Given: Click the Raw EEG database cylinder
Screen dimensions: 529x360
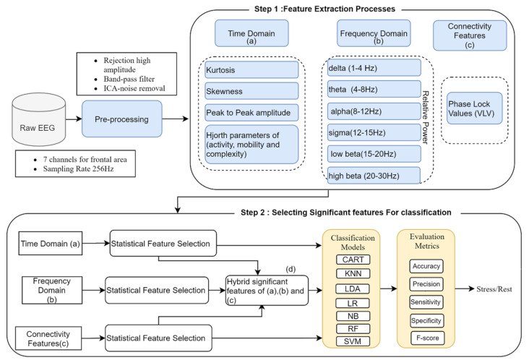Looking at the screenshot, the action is coord(39,119).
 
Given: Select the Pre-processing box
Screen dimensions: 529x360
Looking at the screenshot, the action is coord(122,119).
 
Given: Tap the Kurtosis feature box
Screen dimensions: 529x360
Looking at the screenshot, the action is coord(251,70).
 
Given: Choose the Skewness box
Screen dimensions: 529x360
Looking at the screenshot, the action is coord(251,91).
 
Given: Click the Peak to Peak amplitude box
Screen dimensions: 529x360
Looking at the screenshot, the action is coord(251,112).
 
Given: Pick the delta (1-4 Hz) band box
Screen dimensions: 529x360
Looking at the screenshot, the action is coord(374,68).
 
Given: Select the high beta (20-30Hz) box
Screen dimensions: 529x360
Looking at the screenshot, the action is coord(374,176).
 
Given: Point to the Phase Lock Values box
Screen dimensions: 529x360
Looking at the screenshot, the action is coord(475,108).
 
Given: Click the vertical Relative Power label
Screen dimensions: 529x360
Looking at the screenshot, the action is coord(426,117).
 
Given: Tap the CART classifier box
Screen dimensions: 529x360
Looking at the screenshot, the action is coord(353,260).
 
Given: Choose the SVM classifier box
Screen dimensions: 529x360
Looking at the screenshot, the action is coord(353,341).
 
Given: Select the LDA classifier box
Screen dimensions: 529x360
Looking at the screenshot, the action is coord(353,289).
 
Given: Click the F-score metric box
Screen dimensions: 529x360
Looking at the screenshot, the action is coord(427,338).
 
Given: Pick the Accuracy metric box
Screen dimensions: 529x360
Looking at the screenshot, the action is coord(426,266).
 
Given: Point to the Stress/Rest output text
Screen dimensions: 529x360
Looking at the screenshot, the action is coord(494,289).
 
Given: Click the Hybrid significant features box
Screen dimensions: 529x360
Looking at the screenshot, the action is coord(267,291).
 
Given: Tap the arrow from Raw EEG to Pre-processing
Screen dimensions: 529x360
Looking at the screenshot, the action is coord(74,119).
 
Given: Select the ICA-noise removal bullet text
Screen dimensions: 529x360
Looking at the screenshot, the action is coord(134,88).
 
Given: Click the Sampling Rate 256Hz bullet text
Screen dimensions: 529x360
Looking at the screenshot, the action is coord(78,168).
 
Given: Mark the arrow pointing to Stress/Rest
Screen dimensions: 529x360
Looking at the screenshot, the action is coord(465,289).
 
